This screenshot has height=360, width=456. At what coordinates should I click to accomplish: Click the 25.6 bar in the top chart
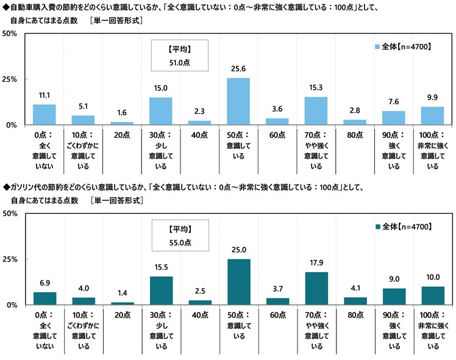point(238,101)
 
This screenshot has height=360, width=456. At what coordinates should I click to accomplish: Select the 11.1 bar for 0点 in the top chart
point(44,115)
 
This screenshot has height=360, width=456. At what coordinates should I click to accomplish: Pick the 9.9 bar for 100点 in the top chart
point(432,116)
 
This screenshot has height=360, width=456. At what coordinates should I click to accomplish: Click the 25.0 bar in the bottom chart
point(238,282)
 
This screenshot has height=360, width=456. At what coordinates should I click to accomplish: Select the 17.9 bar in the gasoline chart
point(316,289)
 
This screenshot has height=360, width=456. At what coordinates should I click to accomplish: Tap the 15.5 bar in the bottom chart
point(161,290)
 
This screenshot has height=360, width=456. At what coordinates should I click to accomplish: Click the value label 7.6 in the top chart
point(393,101)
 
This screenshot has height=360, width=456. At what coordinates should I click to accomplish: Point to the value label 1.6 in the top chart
point(122,113)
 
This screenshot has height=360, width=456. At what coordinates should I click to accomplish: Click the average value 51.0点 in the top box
point(180,61)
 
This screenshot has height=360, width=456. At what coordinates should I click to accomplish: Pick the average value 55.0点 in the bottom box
point(180,242)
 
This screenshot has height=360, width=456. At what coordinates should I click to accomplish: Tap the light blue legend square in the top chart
point(376,46)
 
